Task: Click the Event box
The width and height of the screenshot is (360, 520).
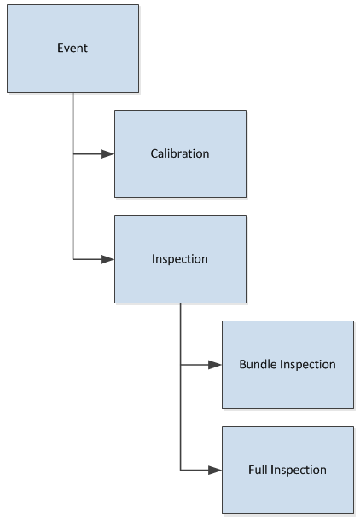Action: [73, 49]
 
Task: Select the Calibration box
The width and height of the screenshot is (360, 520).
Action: [181, 154]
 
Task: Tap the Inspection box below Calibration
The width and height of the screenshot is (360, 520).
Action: [181, 259]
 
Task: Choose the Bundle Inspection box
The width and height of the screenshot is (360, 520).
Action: [288, 365]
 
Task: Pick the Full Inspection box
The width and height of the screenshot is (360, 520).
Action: [288, 470]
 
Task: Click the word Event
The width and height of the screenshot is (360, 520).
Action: [73, 48]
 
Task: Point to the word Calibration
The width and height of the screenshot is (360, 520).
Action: [180, 153]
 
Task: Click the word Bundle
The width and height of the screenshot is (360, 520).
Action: [258, 364]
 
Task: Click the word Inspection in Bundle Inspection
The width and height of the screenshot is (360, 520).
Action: [308, 365]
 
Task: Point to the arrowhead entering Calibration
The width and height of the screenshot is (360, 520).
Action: [107, 154]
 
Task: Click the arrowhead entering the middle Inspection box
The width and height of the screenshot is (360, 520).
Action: [107, 259]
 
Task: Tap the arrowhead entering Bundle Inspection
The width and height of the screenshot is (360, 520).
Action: [215, 365]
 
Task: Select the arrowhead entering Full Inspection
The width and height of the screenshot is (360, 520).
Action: [215, 471]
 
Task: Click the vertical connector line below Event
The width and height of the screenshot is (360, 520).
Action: [73, 176]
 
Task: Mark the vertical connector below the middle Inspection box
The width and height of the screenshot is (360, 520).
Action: [181, 387]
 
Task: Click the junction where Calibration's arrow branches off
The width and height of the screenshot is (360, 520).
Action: [73, 154]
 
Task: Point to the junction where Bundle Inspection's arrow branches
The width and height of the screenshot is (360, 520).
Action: [181, 365]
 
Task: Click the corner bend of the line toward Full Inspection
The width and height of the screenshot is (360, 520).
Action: [181, 471]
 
